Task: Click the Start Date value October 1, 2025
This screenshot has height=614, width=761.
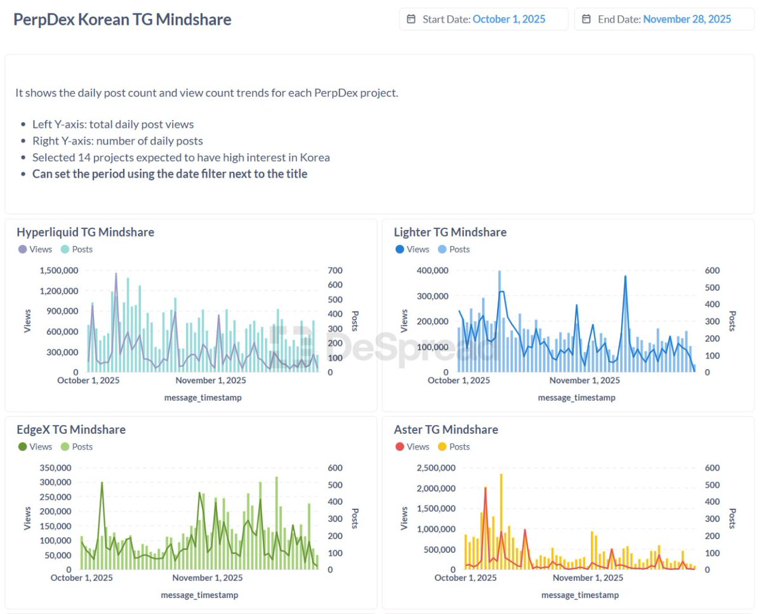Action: [509, 19]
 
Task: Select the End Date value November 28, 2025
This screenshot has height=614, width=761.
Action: [687, 19]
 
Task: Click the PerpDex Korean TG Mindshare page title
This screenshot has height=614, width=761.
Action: [122, 19]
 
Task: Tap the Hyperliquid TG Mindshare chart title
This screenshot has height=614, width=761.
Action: [85, 232]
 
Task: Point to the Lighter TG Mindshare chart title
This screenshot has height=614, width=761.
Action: [450, 232]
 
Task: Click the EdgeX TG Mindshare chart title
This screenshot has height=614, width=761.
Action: [70, 429]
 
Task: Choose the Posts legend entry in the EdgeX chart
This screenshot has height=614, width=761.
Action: [76, 447]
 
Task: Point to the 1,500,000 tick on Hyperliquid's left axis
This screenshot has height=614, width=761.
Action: [59, 270]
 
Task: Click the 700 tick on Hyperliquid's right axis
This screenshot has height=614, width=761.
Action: [334, 270]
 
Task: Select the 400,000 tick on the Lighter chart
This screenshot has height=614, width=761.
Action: [432, 270]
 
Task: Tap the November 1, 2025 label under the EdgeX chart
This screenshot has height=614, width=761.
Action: [207, 578]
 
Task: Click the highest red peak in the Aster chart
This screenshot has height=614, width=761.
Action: [486, 487]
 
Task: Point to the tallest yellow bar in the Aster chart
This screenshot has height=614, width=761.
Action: [501, 475]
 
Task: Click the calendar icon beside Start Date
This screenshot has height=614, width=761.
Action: [411, 19]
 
